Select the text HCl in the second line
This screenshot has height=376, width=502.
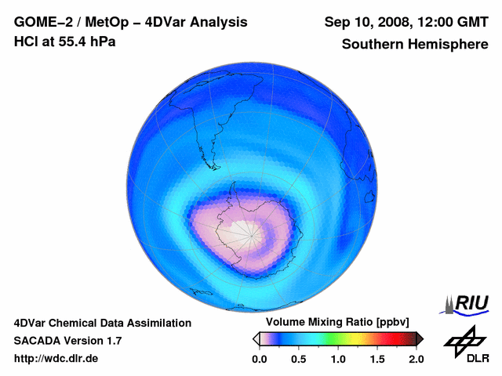tap(27, 42)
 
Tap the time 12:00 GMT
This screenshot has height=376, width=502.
tap(449, 22)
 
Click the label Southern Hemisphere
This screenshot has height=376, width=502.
tap(413, 45)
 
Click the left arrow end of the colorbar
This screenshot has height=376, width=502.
tap(256, 338)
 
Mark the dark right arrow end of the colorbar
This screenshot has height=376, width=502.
tap(420, 338)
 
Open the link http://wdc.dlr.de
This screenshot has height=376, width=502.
tap(56, 359)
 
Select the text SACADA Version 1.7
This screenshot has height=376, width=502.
tap(67, 341)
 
